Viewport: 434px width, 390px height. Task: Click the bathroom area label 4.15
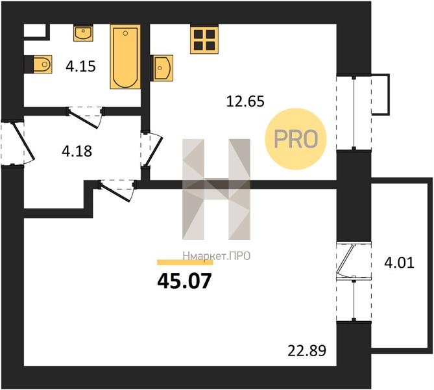click(80, 66)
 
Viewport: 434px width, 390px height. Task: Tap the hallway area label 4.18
click(77, 151)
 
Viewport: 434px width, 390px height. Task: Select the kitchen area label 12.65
click(245, 101)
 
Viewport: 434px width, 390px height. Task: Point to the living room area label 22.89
click(307, 350)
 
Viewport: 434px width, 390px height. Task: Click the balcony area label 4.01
click(399, 263)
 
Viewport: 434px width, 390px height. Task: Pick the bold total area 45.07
click(184, 281)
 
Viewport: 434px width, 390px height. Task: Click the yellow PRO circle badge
click(296, 139)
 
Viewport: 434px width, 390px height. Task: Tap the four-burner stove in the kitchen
click(204, 39)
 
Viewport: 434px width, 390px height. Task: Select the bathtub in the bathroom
click(125, 57)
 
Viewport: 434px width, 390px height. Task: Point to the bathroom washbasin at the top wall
click(83, 33)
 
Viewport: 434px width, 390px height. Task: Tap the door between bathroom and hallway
click(85, 116)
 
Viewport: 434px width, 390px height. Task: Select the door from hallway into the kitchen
click(151, 149)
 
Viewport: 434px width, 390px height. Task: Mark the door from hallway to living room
click(118, 190)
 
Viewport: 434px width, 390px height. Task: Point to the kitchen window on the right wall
click(354, 112)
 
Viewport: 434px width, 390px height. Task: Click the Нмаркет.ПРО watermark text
click(217, 256)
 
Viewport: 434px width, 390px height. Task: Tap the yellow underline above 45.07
click(185, 263)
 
